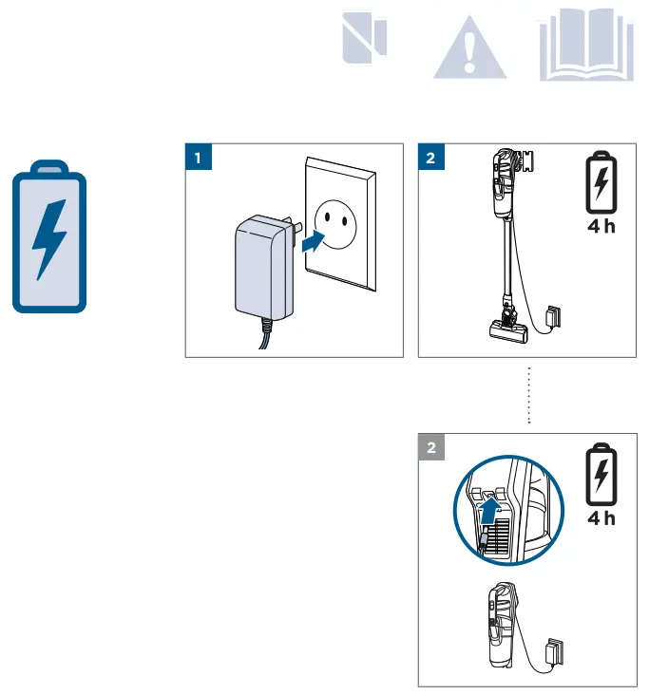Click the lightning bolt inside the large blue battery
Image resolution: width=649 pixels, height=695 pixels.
click(x=48, y=238)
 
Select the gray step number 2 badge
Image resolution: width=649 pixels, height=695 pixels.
click(x=432, y=448)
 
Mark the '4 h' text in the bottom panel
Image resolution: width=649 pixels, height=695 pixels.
click(x=598, y=518)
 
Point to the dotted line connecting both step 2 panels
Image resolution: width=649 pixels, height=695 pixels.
click(x=528, y=394)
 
